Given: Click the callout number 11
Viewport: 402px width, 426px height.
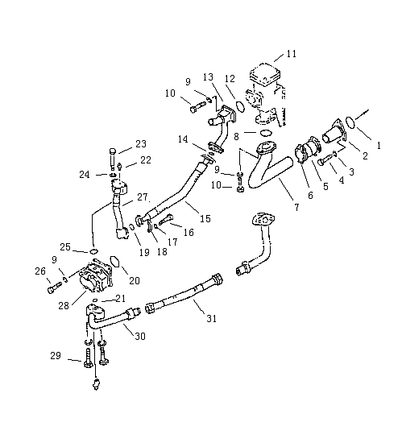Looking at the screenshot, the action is tap(292, 53).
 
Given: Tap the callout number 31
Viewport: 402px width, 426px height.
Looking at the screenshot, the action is tap(211, 318).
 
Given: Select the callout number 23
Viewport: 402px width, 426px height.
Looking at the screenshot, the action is tap(141, 143).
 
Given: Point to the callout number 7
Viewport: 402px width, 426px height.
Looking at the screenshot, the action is tap(296, 207).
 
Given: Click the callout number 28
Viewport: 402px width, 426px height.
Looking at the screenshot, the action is tap(64, 306).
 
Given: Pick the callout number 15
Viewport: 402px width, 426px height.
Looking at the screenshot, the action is tap(205, 218).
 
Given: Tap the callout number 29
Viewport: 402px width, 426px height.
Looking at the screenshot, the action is tap(56, 355).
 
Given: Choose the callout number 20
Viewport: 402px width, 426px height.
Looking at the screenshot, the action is tap(135, 280).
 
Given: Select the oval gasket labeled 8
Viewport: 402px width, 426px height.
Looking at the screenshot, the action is tap(266, 133).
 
